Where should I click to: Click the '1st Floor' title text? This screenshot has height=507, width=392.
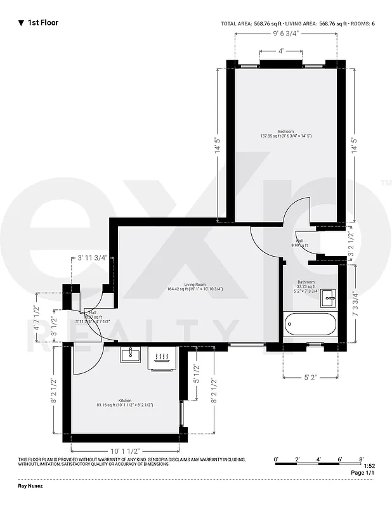pyautogui.click(x=42, y=23)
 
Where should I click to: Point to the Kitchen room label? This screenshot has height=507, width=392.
pyautogui.click(x=124, y=402)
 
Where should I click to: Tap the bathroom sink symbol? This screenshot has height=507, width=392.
pyautogui.click(x=328, y=297)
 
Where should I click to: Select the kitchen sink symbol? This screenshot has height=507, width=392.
pyautogui.click(x=130, y=354)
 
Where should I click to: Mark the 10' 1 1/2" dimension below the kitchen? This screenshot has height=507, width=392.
pyautogui.click(x=125, y=451)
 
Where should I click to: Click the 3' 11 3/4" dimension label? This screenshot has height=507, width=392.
pyautogui.click(x=93, y=258)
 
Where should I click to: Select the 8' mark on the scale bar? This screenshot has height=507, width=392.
pyautogui.click(x=361, y=459)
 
